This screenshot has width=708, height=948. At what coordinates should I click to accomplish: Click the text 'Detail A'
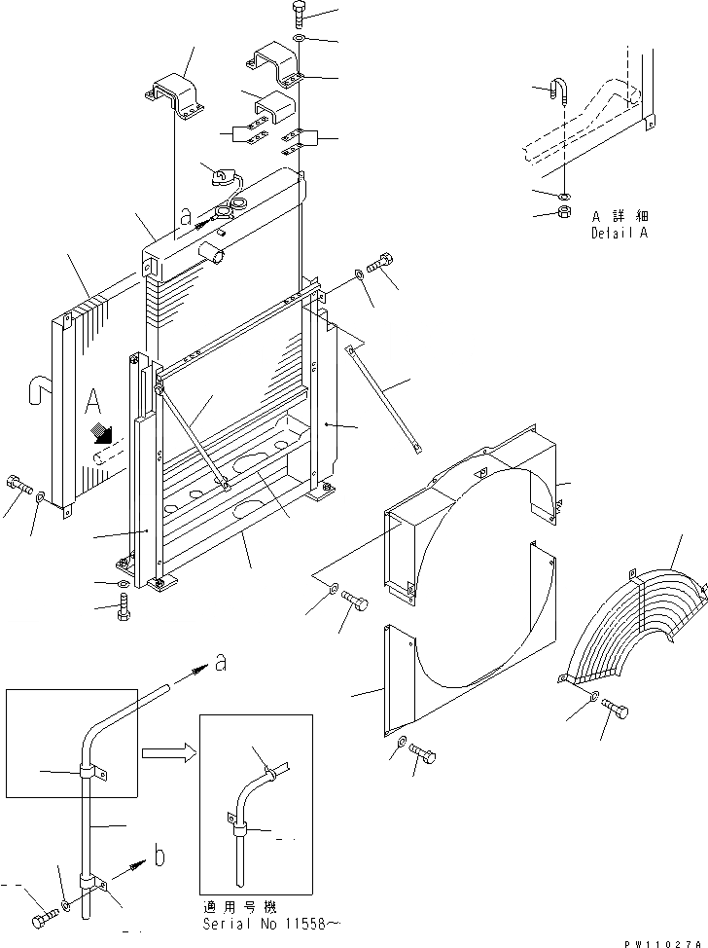click(x=619, y=233)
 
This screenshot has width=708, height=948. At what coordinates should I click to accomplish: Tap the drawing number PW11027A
click(x=663, y=942)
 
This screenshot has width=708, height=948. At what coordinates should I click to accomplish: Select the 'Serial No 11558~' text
click(x=271, y=922)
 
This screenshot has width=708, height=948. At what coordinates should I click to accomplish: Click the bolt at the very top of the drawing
click(x=298, y=15)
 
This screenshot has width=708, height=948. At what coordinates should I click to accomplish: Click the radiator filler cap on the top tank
click(x=224, y=177)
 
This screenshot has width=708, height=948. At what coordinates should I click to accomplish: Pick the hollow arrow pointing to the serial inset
click(x=167, y=752)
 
